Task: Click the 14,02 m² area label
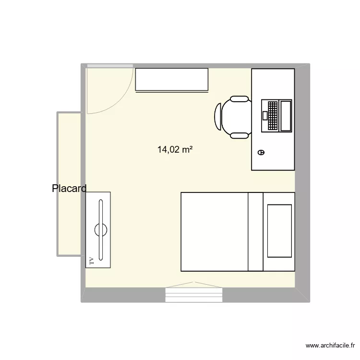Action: point(175,150)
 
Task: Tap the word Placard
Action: point(69,189)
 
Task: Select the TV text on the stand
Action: point(91,261)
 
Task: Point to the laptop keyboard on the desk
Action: point(270,115)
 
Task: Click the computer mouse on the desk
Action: point(261,152)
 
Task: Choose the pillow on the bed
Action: point(279,230)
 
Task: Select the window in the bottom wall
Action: point(194,294)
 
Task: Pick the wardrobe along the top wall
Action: point(171,79)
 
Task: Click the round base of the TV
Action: point(101,229)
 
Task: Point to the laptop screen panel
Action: point(286,115)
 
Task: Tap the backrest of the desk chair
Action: point(218,117)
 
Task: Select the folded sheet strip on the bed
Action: point(255,231)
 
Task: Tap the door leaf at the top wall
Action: point(109,66)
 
